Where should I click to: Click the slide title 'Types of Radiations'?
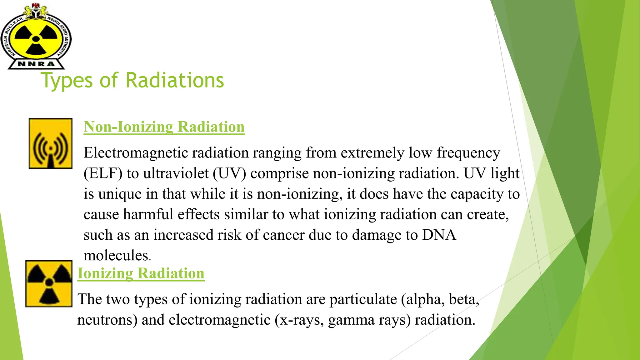pos(132,80)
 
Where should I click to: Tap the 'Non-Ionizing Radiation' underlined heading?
pos(164,127)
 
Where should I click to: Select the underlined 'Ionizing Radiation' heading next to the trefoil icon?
pos(141,273)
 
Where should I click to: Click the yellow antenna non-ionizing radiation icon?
pos(51,143)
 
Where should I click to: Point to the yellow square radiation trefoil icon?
pos(49,284)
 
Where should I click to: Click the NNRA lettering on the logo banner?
pos(36,64)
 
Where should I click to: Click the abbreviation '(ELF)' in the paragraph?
pos(103,173)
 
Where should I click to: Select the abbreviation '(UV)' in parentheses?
pos(229,173)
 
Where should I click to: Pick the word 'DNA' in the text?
pos(439,235)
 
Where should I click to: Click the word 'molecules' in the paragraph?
pos(116,256)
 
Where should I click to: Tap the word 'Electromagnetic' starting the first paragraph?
pos(136,153)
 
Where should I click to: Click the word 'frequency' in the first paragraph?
pos(468,153)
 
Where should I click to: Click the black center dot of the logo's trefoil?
pos(36,39)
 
